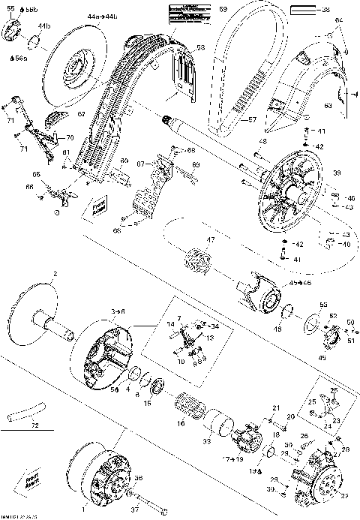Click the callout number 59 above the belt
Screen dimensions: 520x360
pos(223,10)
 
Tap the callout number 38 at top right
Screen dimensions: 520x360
pos(325,11)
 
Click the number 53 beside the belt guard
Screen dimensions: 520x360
pos(200,47)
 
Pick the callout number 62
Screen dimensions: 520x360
pos(80,114)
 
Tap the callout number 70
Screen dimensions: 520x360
pos(70,138)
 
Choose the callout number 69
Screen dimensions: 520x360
pos(196,164)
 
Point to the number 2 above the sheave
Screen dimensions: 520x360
pos(54,273)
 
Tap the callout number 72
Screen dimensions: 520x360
pos(33,425)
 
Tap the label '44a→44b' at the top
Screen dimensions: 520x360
pos(101,16)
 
